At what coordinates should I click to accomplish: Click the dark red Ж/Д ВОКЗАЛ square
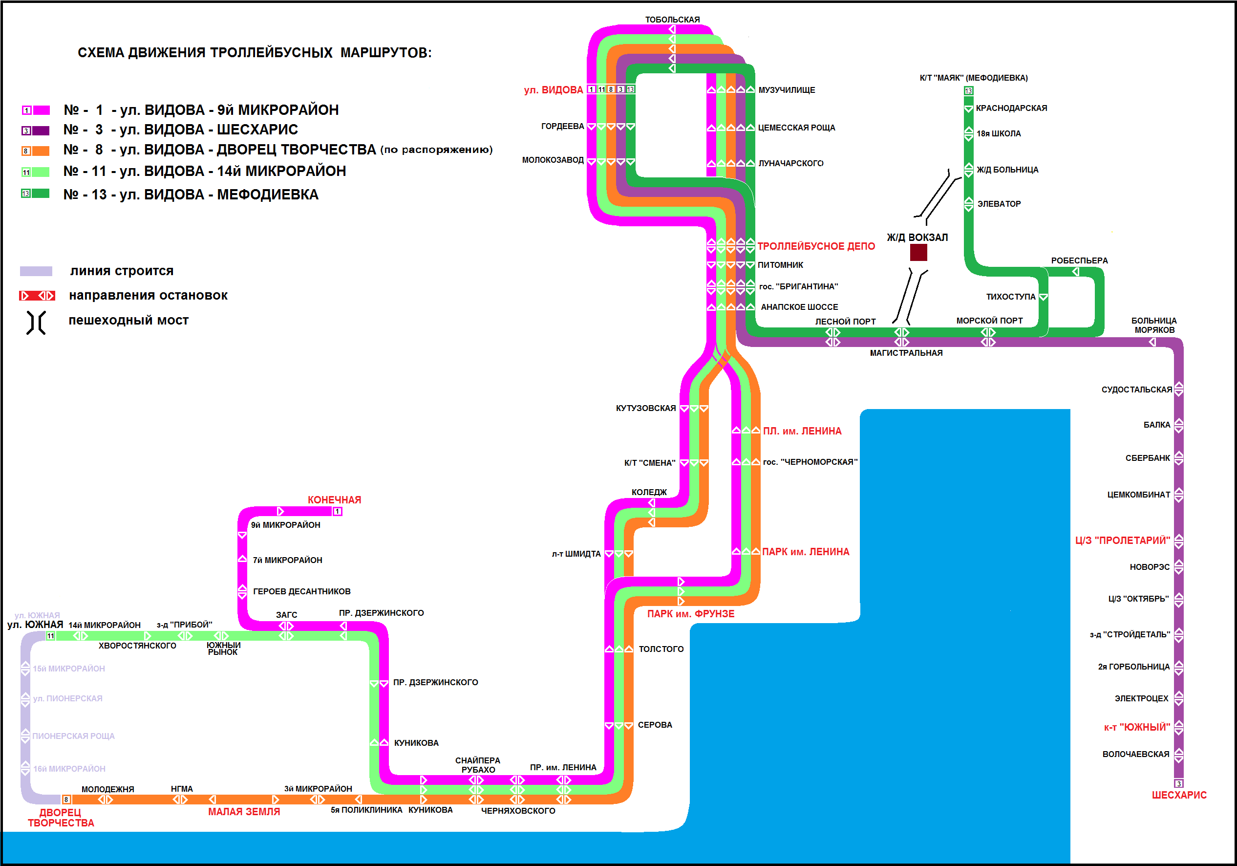(918, 252)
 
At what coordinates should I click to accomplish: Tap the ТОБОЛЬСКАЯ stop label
(672, 20)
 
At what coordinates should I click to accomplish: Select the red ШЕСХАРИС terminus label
(1179, 795)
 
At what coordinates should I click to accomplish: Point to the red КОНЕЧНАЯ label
(334, 499)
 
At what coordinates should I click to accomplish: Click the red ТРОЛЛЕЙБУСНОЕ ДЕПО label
(816, 246)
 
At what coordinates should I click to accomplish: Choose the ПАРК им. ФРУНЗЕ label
(690, 614)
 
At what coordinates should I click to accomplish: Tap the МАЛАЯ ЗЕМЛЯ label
(244, 812)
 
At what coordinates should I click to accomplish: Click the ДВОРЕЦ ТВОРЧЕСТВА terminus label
(61, 818)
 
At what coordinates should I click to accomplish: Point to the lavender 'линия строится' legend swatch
(36, 271)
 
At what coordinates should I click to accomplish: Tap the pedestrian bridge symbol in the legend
(36, 322)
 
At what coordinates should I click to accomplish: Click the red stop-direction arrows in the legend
(37, 295)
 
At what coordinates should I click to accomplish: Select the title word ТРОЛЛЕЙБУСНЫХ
(271, 53)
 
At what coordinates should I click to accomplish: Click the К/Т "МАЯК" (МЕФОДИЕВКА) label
(973, 78)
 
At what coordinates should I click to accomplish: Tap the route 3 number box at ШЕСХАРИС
(1178, 783)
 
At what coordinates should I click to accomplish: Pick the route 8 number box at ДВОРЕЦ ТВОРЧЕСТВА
(66, 800)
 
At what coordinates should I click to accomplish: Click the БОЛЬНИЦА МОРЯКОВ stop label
(1153, 325)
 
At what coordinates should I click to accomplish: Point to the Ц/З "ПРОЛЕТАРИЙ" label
(1122, 541)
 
